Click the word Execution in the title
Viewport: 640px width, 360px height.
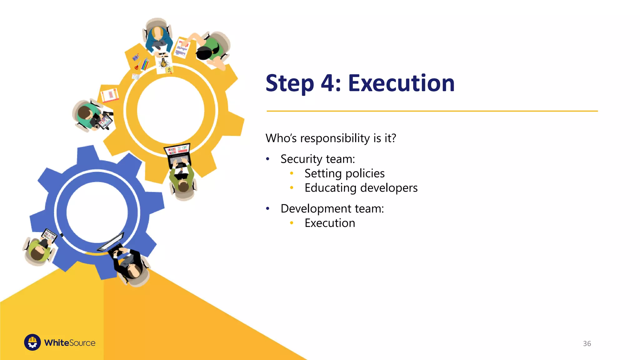tap(401, 83)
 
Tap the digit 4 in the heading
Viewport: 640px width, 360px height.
tap(327, 83)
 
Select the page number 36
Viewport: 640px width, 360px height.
tap(587, 343)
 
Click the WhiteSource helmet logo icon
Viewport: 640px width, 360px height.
tap(32, 342)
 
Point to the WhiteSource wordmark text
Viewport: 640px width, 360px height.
tap(70, 343)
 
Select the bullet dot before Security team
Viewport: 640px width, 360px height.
tap(267, 159)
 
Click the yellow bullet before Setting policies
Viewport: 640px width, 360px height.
tap(292, 173)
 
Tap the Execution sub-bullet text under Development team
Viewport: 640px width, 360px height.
tap(330, 223)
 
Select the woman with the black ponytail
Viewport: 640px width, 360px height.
tap(209, 50)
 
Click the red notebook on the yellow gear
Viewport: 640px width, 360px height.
tap(110, 95)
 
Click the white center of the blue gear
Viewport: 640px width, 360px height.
tap(97, 212)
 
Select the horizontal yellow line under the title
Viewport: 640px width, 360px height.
tap(432, 111)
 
